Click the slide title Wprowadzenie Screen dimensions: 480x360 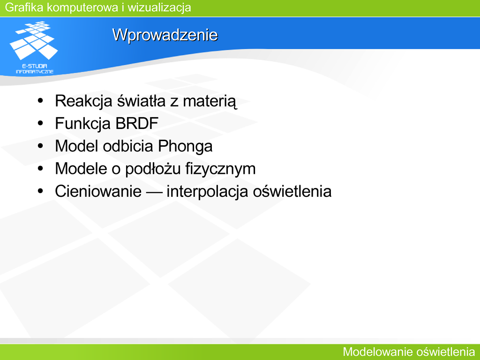(x=165, y=35)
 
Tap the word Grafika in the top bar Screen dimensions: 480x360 (x=24, y=7)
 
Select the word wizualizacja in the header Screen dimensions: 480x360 (x=159, y=7)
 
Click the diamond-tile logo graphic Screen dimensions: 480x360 (x=34, y=40)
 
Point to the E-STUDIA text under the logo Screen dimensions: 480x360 (x=35, y=66)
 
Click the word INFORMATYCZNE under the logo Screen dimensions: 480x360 (x=35, y=72)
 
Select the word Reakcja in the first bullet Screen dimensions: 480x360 (x=83, y=101)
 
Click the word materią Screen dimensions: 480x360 (x=210, y=102)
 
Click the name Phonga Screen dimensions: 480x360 (x=185, y=146)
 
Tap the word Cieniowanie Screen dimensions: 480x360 (x=98, y=191)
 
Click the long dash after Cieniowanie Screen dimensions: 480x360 (x=154, y=192)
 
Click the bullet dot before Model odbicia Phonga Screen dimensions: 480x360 (x=40, y=146)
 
